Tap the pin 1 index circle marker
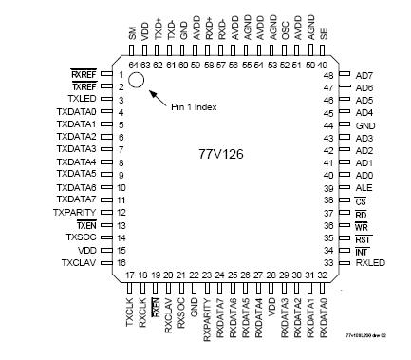137,80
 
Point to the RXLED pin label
370,261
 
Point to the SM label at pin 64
132,35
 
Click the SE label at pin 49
326,35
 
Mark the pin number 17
130,275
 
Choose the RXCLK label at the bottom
142,312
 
